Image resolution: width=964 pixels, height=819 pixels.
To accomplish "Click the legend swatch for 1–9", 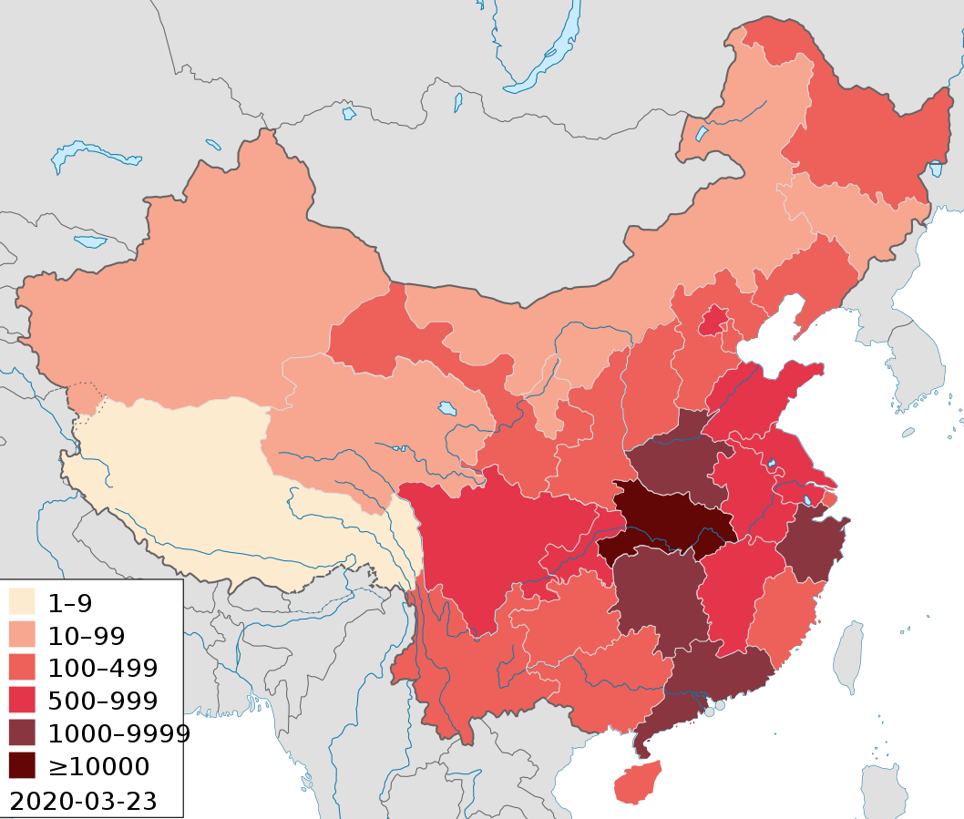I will [x=22, y=602].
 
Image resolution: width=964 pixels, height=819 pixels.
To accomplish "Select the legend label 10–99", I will [x=87, y=636].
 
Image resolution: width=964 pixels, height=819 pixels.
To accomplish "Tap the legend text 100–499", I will [x=102, y=669].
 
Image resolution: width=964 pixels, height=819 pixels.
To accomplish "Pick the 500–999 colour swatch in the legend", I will [x=22, y=701].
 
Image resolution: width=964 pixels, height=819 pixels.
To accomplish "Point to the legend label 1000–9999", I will [x=118, y=733].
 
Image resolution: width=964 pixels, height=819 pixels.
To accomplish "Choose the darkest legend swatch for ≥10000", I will [x=22, y=765].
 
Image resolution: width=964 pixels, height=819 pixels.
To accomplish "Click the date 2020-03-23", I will [x=82, y=801].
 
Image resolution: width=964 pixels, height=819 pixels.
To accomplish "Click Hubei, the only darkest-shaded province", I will [x=670, y=519].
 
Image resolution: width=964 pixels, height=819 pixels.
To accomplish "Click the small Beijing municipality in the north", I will [x=713, y=320].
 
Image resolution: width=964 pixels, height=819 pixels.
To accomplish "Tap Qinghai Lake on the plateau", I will [x=446, y=408].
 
